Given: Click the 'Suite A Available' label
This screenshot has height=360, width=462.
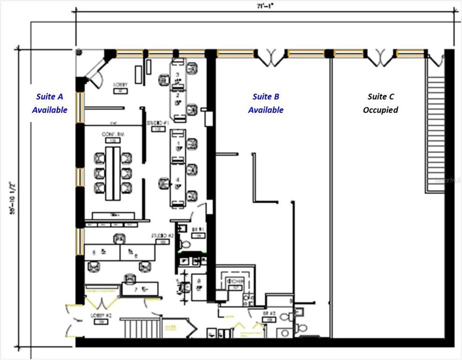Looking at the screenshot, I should tap(49, 103).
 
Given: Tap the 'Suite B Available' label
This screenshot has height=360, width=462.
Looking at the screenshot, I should tap(265, 103).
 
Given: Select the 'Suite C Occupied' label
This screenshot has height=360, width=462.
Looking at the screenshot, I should tap(380, 103).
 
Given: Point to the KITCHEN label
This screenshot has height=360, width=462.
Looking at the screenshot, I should tap(234, 282).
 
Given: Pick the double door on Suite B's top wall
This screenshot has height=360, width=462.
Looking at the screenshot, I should tap(270, 57).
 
